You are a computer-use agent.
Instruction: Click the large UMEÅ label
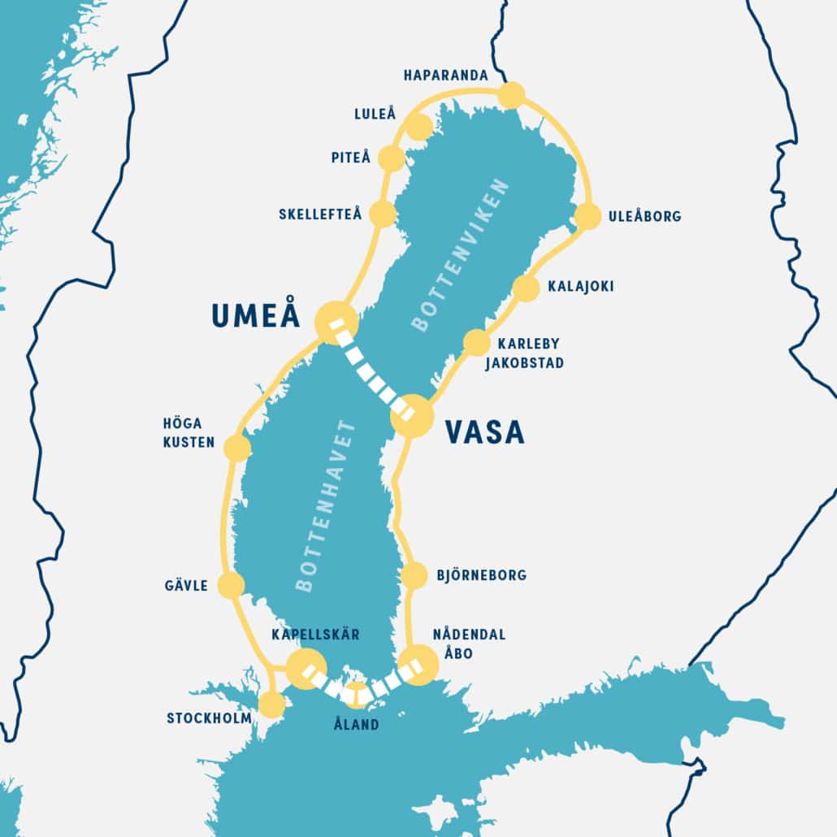coord(256,316)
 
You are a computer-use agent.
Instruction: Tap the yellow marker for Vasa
coord(412,416)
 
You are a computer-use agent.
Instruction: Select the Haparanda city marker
coord(511,95)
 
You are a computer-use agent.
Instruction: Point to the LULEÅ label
coord(374,115)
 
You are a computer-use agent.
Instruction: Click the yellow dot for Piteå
coord(391,158)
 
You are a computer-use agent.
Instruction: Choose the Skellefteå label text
coord(319,215)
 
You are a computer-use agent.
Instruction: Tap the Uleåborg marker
coord(588,216)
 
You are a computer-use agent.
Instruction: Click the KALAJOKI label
coord(580,287)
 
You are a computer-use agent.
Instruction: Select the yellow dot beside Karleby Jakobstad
coord(476,342)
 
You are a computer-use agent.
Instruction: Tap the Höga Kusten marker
coord(236,449)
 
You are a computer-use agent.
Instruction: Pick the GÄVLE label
coord(185,585)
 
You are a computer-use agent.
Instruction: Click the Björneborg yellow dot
coord(414,575)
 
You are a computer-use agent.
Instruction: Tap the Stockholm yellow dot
coord(271,705)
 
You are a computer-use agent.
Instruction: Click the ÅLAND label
coord(357,724)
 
